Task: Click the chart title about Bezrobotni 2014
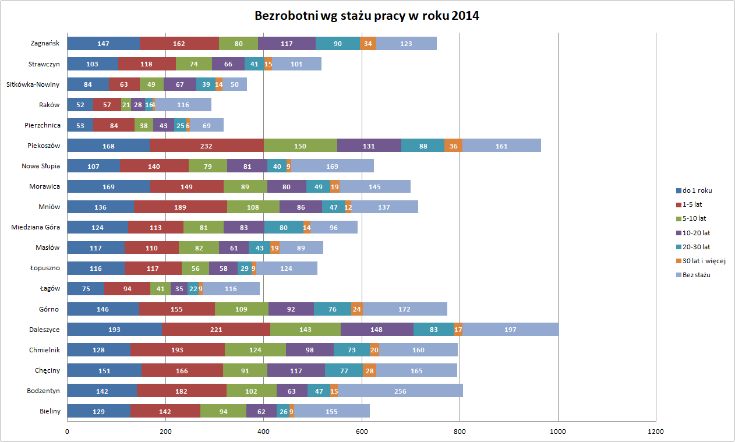click(367, 16)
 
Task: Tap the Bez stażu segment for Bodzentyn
click(400, 391)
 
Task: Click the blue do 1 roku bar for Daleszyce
click(114, 330)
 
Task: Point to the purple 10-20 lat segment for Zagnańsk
click(287, 43)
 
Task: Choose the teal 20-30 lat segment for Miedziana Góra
click(284, 228)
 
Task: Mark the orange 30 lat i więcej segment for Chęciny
click(369, 370)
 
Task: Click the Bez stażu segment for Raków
click(183, 105)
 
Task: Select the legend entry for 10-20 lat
click(696, 232)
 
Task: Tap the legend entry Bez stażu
click(696, 274)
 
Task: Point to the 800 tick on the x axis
click(460, 432)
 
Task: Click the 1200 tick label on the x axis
click(656, 432)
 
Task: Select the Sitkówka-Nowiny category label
click(33, 84)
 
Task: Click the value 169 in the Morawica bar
click(108, 187)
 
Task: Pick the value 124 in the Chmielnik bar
click(255, 350)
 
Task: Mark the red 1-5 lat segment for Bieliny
click(165, 412)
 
